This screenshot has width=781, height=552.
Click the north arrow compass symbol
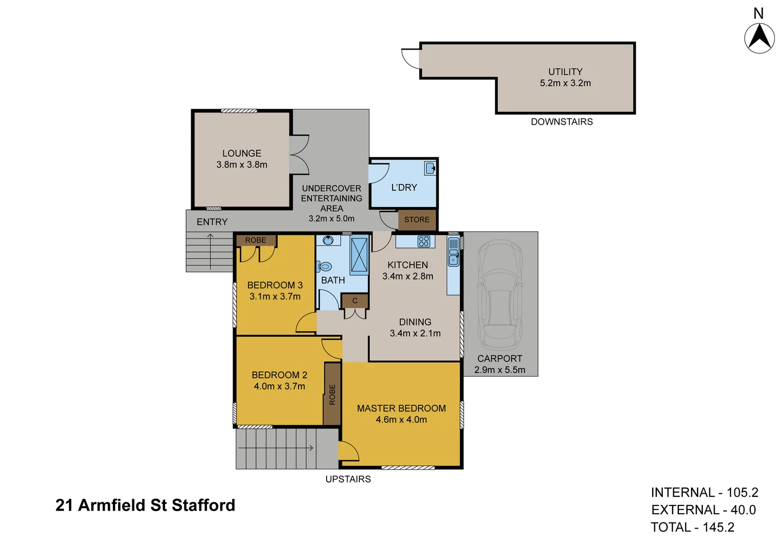tap(759, 37)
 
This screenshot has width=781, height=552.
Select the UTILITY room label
tap(565, 72)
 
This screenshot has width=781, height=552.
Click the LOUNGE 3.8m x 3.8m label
tap(242, 159)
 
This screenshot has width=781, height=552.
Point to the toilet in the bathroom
tap(325, 266)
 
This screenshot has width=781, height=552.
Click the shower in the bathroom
tap(359, 255)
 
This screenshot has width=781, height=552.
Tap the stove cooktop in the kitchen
tap(424, 241)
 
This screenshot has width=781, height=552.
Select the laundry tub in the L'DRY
tap(430, 168)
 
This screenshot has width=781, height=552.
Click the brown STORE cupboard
tap(417, 220)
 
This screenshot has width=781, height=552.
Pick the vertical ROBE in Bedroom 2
tap(332, 394)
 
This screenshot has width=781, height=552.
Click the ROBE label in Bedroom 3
tap(256, 240)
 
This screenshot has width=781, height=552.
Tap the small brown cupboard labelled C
tap(355, 301)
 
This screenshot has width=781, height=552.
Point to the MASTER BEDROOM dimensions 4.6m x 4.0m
tap(401, 420)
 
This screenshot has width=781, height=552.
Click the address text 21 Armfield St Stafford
tap(145, 505)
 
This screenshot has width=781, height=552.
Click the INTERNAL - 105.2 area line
tap(704, 493)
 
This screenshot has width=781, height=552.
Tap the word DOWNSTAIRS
tap(562, 122)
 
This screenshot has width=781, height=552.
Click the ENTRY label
tap(212, 222)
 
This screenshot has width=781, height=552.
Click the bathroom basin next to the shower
tap(329, 240)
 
